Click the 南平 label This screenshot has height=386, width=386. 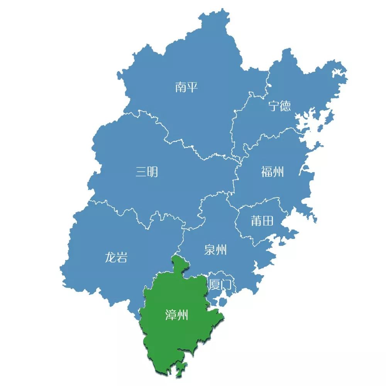coord(186,87)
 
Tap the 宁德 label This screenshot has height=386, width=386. coord(280,106)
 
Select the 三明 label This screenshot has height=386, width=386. coord(147,171)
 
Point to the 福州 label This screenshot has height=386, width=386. coord(273,171)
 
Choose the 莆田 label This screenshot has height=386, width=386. coord(262,221)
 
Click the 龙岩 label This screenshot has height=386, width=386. coord(116,257)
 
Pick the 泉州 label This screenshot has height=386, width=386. coord(215,250)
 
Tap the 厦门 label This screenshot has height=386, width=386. coord(220,285)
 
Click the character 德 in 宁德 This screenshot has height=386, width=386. coord(286,106)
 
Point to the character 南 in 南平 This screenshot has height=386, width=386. coord(181,87)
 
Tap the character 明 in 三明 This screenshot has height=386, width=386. coord(152,171)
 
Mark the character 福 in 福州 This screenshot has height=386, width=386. coord(267,171)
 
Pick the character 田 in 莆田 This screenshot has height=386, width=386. coord(268,221)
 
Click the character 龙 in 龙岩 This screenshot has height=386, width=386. coord(110,257)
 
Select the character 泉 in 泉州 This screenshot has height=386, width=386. coord(210,250)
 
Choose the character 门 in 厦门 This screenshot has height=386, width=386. coord(226,285)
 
